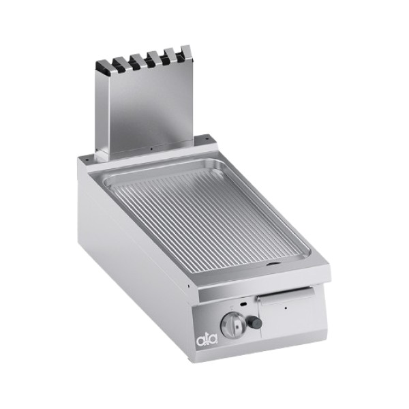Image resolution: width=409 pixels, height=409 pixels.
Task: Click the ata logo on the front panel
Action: click(x=207, y=340)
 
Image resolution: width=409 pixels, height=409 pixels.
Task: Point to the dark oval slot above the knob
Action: click(x=243, y=304)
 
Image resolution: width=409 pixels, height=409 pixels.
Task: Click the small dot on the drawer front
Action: click(x=286, y=308)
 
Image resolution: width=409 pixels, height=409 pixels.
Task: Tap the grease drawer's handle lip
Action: click(x=286, y=294)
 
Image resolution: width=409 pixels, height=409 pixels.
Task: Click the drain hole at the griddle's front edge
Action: click(x=273, y=264)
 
